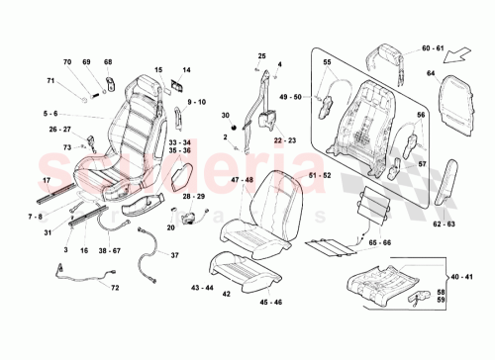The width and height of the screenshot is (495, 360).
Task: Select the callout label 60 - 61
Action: pos(406,47)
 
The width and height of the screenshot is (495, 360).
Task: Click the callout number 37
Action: pos(176,255)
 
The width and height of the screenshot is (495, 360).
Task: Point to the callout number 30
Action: pos(225,116)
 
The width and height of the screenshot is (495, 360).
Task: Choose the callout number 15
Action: pos(158,70)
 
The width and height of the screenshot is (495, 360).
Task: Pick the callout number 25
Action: pos(262,56)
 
